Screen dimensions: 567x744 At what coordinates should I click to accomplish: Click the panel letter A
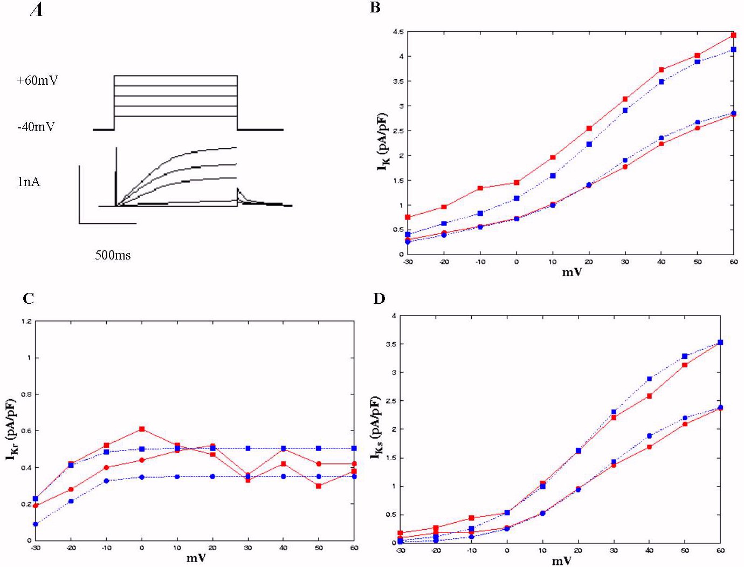tap(37, 10)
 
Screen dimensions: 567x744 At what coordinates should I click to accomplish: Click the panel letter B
tap(375, 8)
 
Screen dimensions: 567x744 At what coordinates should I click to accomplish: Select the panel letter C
tap(29, 298)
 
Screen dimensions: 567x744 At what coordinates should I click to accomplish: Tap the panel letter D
tap(380, 298)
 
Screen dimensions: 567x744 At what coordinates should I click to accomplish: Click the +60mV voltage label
tap(37, 81)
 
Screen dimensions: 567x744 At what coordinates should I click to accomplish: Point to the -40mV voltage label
tap(36, 127)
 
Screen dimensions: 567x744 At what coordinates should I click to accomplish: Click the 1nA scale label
tap(29, 182)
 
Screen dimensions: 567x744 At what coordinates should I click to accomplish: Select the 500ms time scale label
tap(113, 255)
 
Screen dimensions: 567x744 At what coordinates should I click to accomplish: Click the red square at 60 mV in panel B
tap(733, 36)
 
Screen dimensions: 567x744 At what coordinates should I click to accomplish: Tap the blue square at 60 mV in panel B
tap(733, 50)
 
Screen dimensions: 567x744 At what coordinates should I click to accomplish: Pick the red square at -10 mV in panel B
tap(480, 188)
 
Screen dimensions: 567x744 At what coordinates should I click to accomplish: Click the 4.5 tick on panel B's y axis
tap(398, 32)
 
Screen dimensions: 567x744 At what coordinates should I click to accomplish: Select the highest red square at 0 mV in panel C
tap(142, 429)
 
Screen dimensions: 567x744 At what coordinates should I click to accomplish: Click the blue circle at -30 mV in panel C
tap(35, 524)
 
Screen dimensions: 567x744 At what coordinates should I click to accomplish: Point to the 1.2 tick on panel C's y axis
tap(26, 322)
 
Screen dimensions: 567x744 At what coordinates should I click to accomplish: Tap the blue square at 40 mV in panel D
tap(649, 379)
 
